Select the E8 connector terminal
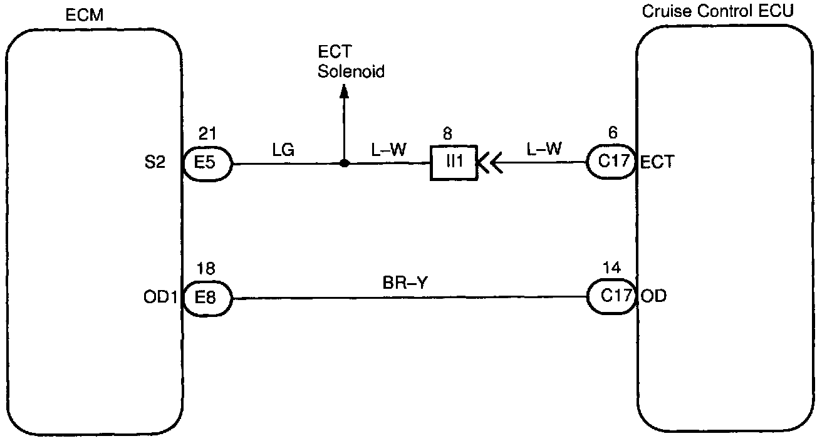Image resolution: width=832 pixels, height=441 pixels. (207, 297)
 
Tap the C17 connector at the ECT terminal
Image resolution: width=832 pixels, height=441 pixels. (611, 163)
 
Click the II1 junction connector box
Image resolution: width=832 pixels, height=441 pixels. (452, 164)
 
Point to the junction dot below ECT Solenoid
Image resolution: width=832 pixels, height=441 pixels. (343, 164)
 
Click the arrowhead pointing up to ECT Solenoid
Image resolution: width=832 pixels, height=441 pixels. (343, 91)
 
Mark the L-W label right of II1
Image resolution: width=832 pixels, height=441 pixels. (544, 149)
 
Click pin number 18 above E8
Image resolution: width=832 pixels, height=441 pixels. (206, 269)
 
